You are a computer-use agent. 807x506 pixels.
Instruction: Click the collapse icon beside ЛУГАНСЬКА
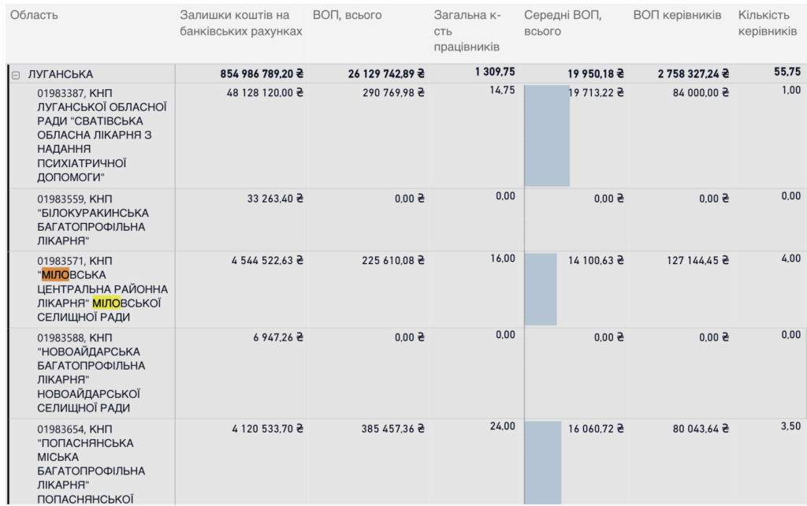(15, 74)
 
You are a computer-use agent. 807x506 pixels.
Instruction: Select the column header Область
(34, 16)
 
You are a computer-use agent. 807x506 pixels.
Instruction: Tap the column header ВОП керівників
(677, 16)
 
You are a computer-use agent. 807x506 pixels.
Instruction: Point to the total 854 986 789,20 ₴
(262, 74)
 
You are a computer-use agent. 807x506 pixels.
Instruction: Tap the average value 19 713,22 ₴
(596, 92)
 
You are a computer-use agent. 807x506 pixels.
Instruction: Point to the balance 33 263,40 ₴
(275, 199)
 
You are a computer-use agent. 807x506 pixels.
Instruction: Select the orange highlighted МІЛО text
(55, 275)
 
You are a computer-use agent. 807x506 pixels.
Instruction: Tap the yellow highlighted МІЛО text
(106, 303)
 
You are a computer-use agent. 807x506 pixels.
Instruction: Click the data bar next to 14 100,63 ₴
(541, 288)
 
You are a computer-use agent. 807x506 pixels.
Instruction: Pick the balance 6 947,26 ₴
(278, 337)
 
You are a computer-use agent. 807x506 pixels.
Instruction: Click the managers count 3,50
(790, 426)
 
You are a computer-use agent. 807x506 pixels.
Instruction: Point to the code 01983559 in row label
(61, 199)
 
